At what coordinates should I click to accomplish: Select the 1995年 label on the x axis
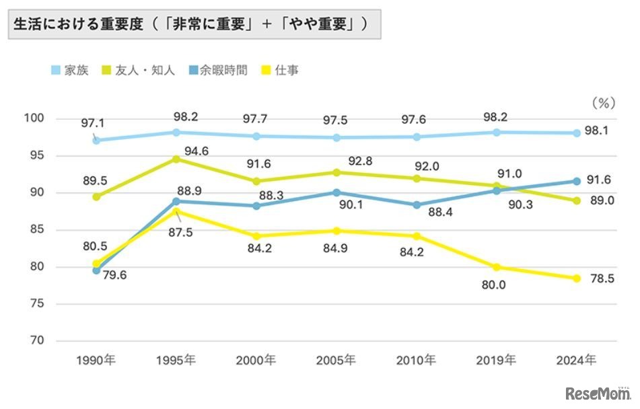176,360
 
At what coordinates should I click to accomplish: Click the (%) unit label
604,104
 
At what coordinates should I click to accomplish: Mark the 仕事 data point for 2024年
577,278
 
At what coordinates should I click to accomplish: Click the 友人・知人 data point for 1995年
176,159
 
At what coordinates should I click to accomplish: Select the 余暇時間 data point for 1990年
96,270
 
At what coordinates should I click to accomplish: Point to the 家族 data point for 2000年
256,137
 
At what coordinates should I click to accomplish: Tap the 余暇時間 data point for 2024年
577,181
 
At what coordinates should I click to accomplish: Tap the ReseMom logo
597,393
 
